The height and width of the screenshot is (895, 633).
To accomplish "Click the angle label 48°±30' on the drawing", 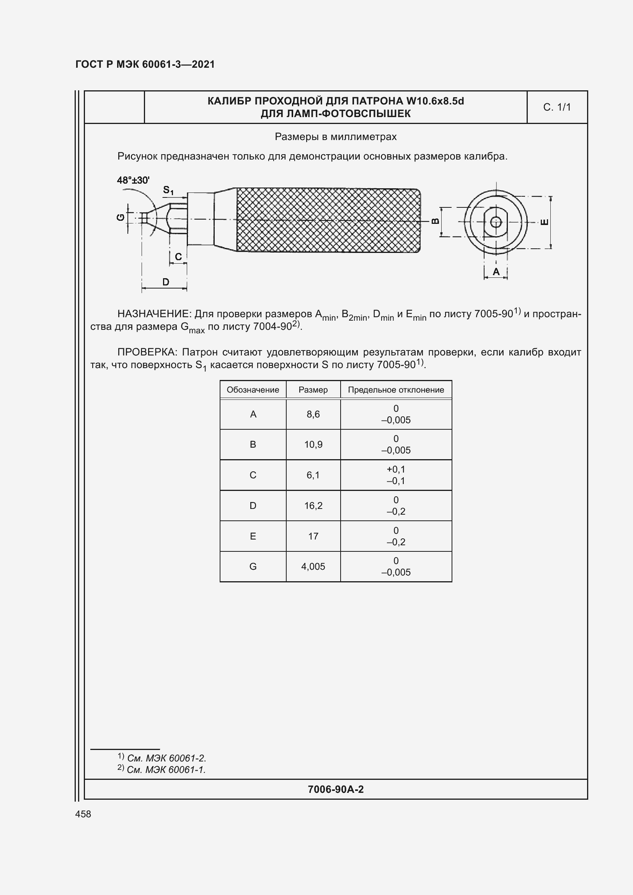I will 133,180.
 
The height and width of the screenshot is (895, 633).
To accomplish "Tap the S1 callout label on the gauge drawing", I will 168,190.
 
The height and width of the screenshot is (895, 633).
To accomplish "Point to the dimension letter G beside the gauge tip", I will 121,217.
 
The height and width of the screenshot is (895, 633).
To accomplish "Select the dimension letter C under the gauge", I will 178,256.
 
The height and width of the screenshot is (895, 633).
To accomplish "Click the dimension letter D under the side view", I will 166,282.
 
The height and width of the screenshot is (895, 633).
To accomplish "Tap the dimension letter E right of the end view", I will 545,222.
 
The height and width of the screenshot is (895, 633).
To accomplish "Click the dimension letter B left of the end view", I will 436,221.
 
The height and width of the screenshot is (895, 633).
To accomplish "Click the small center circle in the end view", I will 496,222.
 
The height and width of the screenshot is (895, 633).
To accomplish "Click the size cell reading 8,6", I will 313,414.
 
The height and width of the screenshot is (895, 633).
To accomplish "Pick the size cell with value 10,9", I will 313,444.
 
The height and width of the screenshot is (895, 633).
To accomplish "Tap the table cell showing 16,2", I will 313,505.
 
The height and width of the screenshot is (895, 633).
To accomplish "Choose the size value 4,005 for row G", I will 313,566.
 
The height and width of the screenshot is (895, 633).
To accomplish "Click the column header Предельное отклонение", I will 396,390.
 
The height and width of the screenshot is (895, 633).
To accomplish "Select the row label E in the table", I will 253,536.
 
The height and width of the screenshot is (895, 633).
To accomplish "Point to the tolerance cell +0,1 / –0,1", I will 396,475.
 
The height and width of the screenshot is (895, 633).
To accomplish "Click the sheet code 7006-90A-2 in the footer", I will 336,789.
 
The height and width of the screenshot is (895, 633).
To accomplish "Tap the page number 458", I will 83,814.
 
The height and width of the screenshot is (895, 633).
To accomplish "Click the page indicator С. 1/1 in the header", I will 556,107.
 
